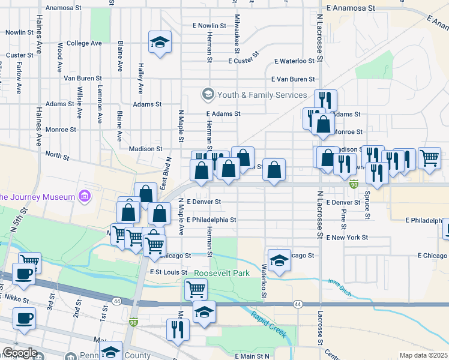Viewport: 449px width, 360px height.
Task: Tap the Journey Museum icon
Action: [84, 197]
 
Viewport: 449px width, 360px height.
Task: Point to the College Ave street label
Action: [84, 43]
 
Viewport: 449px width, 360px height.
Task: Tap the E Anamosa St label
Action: [351, 8]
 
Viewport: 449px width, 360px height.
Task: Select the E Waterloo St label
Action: [295, 61]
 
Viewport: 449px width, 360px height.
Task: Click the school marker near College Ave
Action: [160, 42]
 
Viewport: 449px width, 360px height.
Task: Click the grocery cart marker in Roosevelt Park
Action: [196, 289]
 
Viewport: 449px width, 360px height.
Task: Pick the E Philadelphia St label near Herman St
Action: [211, 220]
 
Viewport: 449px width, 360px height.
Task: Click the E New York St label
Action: [348, 238]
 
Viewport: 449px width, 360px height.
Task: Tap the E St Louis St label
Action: [170, 272]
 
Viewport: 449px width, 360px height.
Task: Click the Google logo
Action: [19, 353]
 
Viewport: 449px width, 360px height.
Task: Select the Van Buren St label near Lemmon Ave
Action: [83, 78]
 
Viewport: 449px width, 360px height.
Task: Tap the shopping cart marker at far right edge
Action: [430, 158]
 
